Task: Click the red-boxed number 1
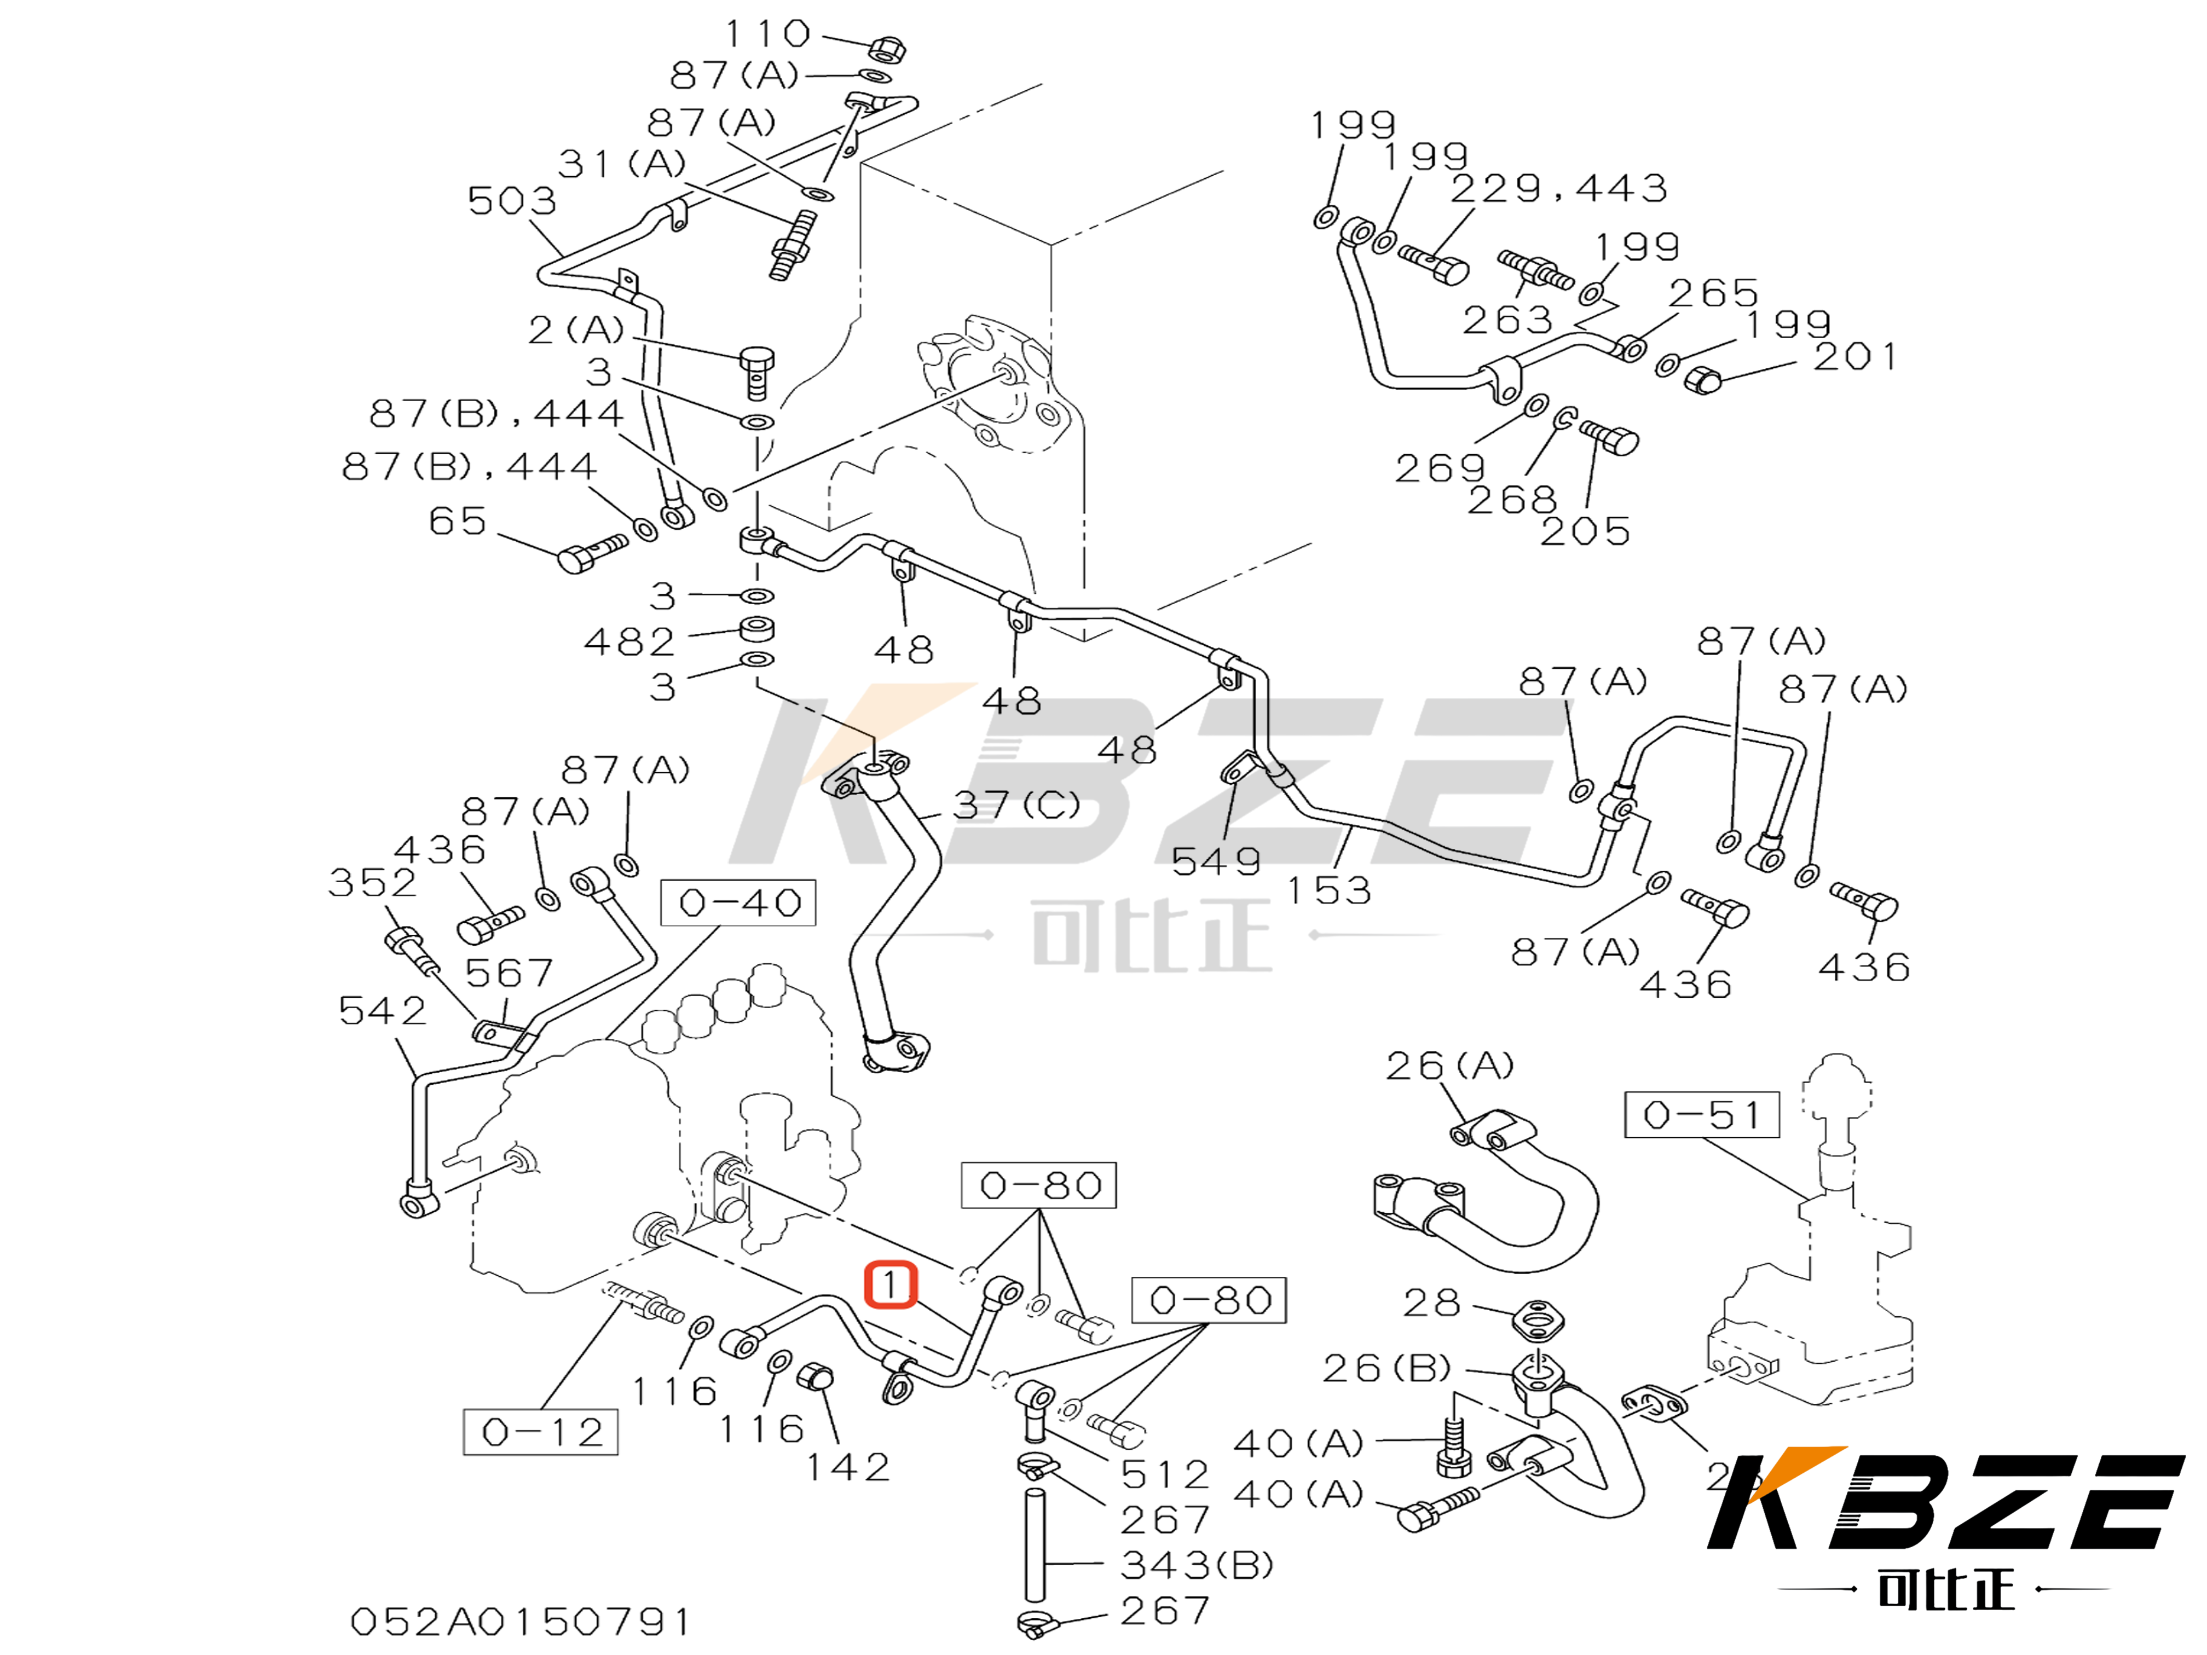pyautogui.click(x=889, y=1285)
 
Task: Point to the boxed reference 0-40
pyautogui.click(x=738, y=903)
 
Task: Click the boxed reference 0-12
pyautogui.click(x=541, y=1433)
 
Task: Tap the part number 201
pyautogui.click(x=1855, y=356)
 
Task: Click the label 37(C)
pyautogui.click(x=1016, y=804)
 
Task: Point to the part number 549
pyautogui.click(x=1215, y=861)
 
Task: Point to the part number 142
pyautogui.click(x=847, y=1466)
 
